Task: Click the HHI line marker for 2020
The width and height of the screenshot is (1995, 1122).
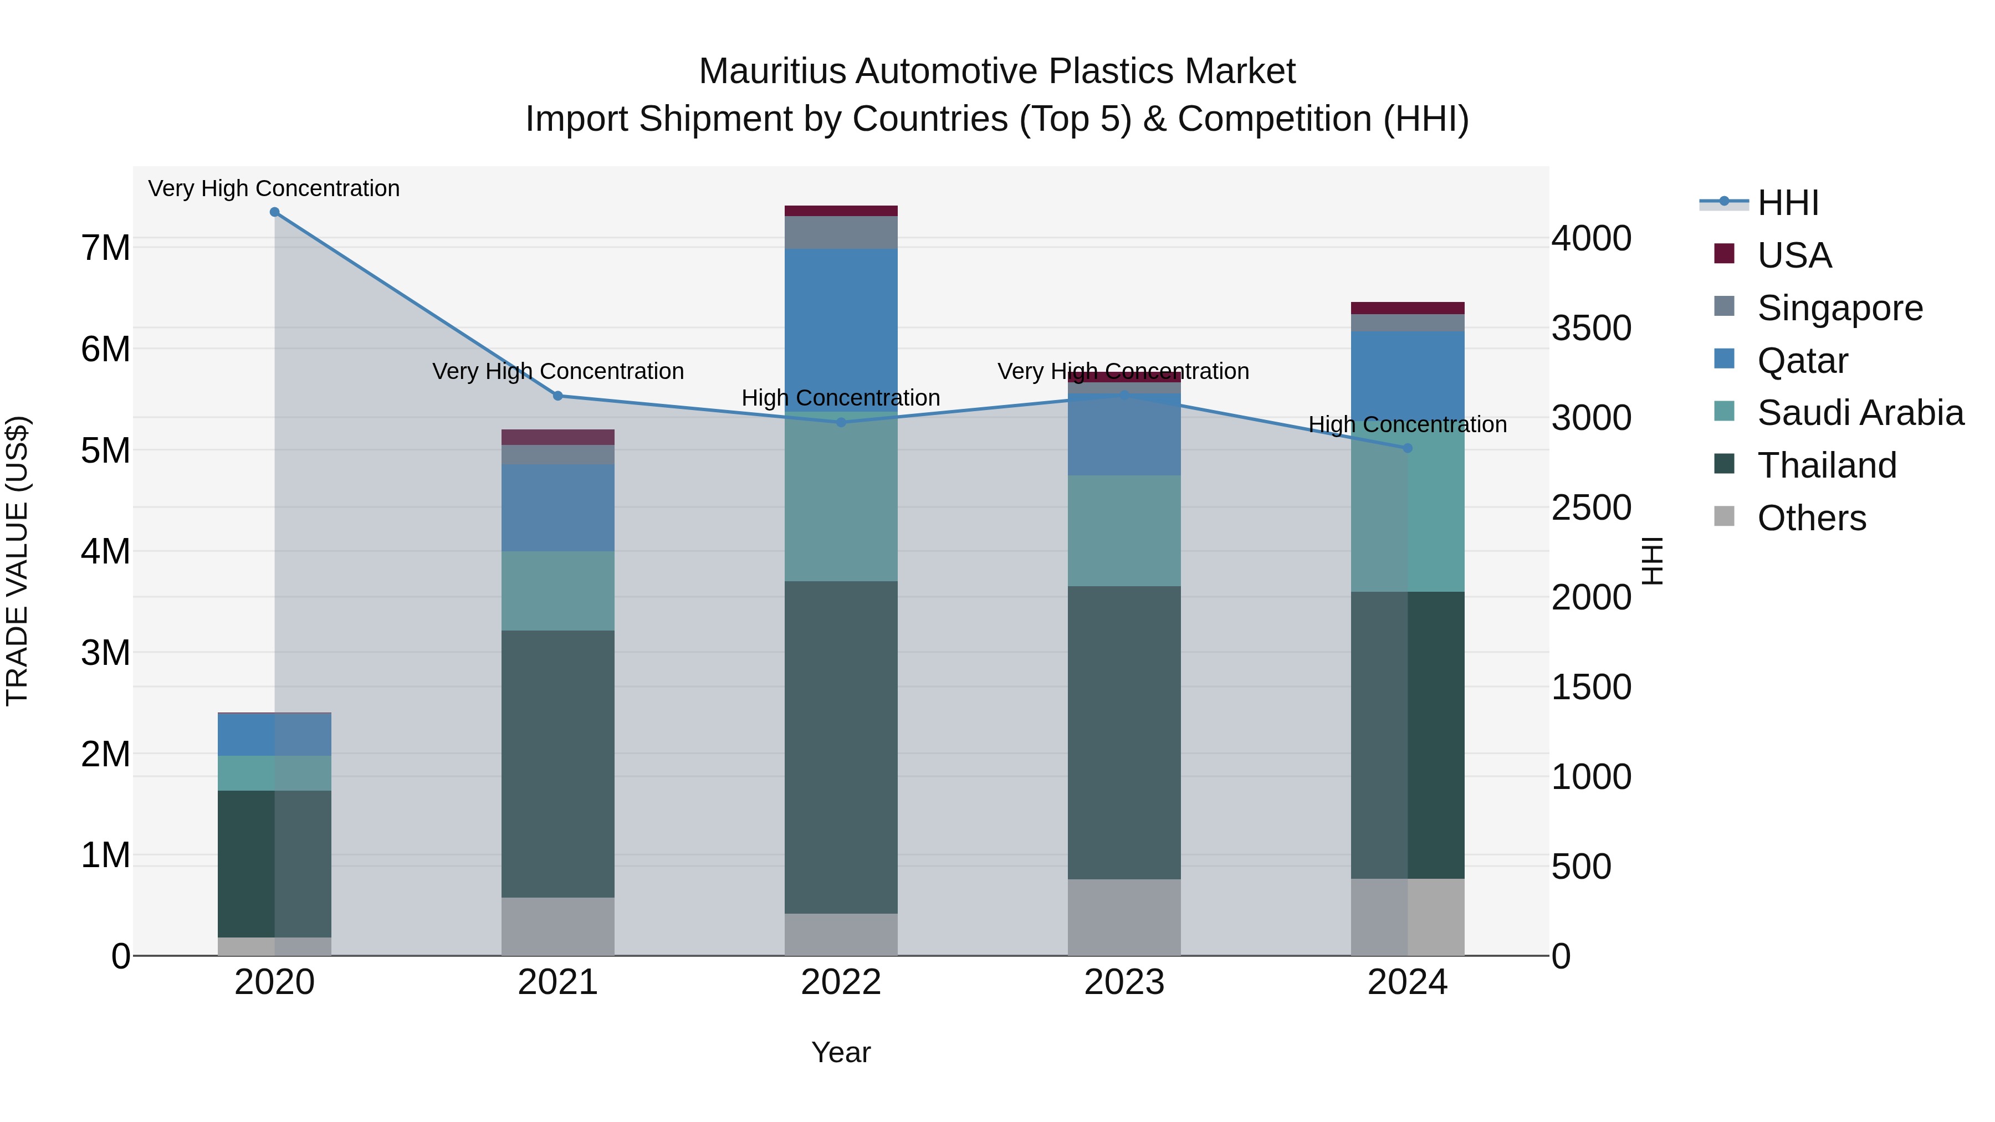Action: point(274,212)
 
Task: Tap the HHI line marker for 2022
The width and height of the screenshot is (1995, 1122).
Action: point(841,422)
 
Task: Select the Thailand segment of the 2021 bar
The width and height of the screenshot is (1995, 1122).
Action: point(557,763)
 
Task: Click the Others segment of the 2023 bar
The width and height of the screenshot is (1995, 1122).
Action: point(1124,917)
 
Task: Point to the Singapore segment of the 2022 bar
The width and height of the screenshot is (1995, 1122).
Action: point(841,232)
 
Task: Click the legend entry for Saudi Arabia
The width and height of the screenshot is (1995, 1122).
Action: point(1860,413)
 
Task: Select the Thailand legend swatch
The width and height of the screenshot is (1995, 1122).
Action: point(1724,465)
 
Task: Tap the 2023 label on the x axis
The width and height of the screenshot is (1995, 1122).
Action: point(1124,982)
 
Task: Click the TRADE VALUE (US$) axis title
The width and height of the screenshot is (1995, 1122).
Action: point(17,561)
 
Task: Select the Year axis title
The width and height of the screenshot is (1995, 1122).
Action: point(841,1052)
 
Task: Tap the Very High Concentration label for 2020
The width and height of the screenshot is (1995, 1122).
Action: point(274,188)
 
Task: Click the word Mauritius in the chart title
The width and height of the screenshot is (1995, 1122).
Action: point(771,71)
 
